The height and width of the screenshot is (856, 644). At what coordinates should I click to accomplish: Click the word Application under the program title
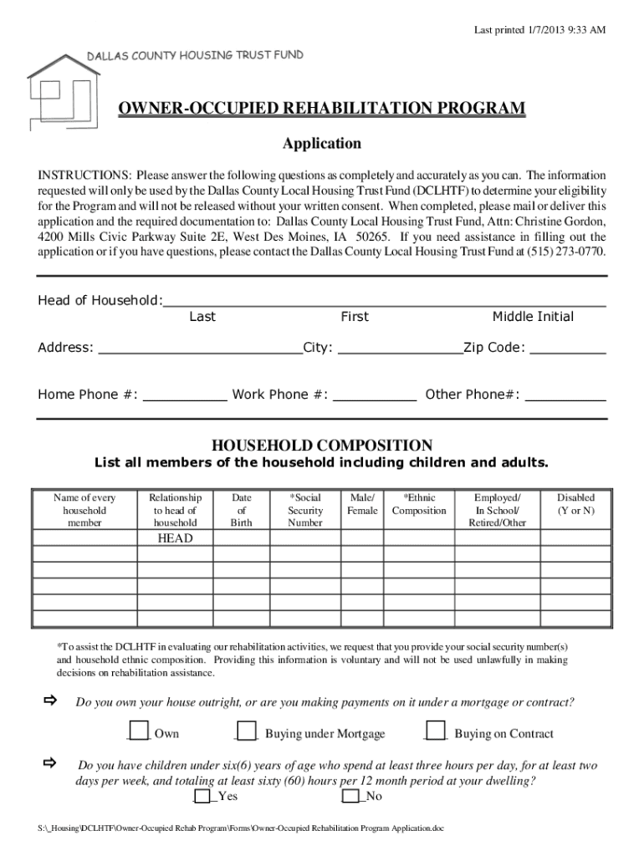tap(322, 144)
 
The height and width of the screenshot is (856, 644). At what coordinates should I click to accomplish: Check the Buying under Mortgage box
tap(246, 731)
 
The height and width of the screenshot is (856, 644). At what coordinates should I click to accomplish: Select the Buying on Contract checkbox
tap(436, 731)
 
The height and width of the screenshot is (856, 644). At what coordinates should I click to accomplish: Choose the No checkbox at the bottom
tap(350, 795)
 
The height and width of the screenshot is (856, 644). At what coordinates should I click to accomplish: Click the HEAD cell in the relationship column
tap(175, 538)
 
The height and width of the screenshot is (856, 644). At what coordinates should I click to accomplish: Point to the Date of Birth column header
tap(242, 510)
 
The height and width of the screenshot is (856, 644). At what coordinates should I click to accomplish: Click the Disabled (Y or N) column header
tap(576, 504)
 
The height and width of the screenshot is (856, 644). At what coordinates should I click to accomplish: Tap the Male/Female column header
tap(362, 504)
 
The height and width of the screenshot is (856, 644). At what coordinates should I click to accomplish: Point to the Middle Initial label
tap(533, 317)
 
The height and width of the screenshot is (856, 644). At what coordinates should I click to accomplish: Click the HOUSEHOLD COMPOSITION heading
tap(322, 445)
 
